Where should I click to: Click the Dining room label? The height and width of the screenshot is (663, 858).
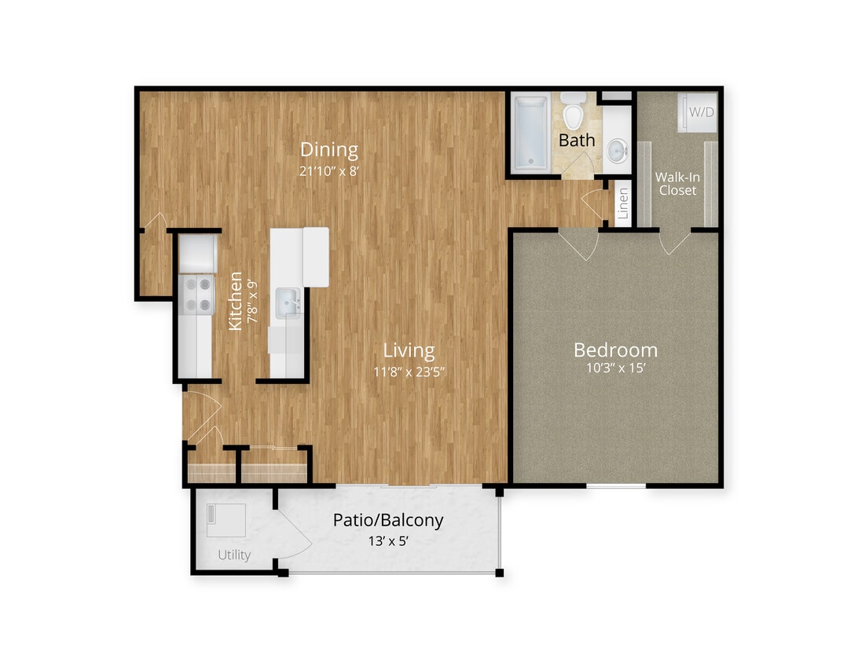329,149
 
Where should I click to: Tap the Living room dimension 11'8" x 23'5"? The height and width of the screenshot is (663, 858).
409,372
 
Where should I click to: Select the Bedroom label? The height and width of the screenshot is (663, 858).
615,350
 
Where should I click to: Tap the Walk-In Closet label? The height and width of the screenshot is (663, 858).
677,184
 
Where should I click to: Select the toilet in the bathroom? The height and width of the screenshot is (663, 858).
574,112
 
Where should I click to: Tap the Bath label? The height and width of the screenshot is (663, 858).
577,141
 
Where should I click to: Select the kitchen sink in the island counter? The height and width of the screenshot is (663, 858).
287,301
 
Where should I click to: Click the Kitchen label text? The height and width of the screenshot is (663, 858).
234,301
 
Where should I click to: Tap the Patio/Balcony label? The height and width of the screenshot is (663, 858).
388,519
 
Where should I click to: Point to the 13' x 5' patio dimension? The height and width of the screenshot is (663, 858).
388,541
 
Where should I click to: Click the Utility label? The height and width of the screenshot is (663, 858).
234,555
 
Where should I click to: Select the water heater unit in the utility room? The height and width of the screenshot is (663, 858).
225,519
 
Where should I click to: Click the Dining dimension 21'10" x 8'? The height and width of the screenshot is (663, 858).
329,170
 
